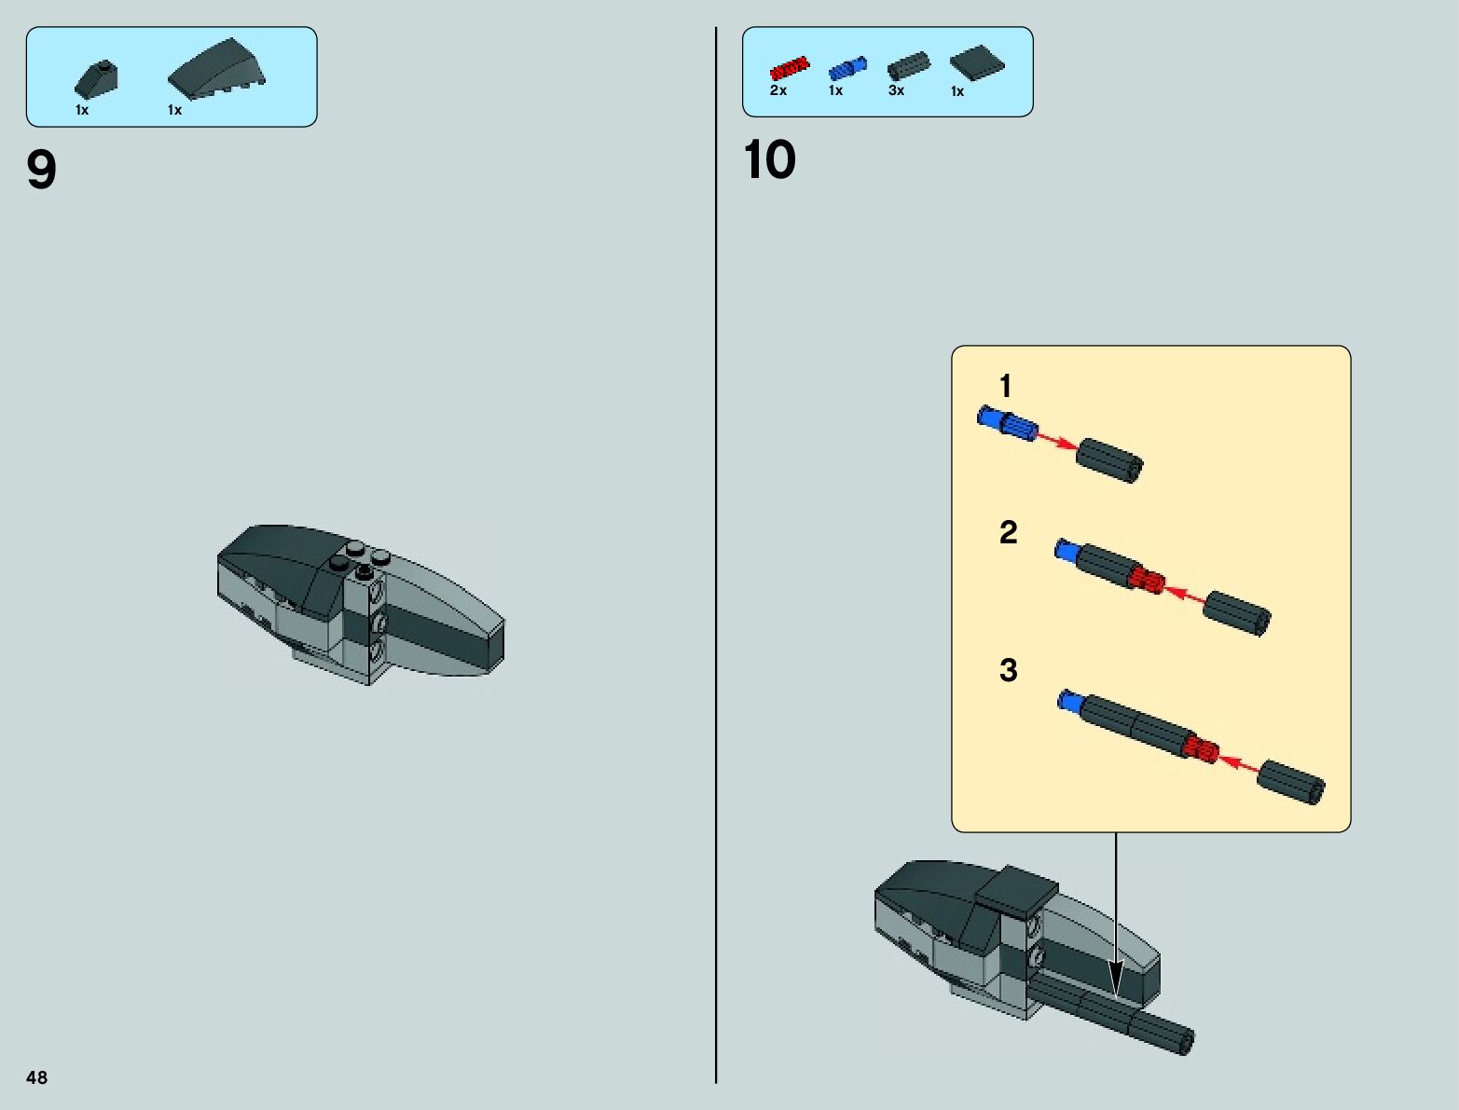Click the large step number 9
click(42, 170)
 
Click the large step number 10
click(769, 159)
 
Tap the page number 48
click(36, 1077)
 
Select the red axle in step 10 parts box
click(789, 69)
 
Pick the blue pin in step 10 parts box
click(846, 68)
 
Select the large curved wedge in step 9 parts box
click(216, 68)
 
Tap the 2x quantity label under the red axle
click(778, 90)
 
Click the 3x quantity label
click(896, 90)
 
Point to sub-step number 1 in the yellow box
click(1005, 386)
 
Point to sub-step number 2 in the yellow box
click(1008, 532)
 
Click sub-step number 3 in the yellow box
click(1008, 670)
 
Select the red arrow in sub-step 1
click(1057, 441)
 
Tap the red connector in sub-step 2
click(1147, 581)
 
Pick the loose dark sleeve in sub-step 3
click(1291, 782)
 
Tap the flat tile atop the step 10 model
click(1016, 889)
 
